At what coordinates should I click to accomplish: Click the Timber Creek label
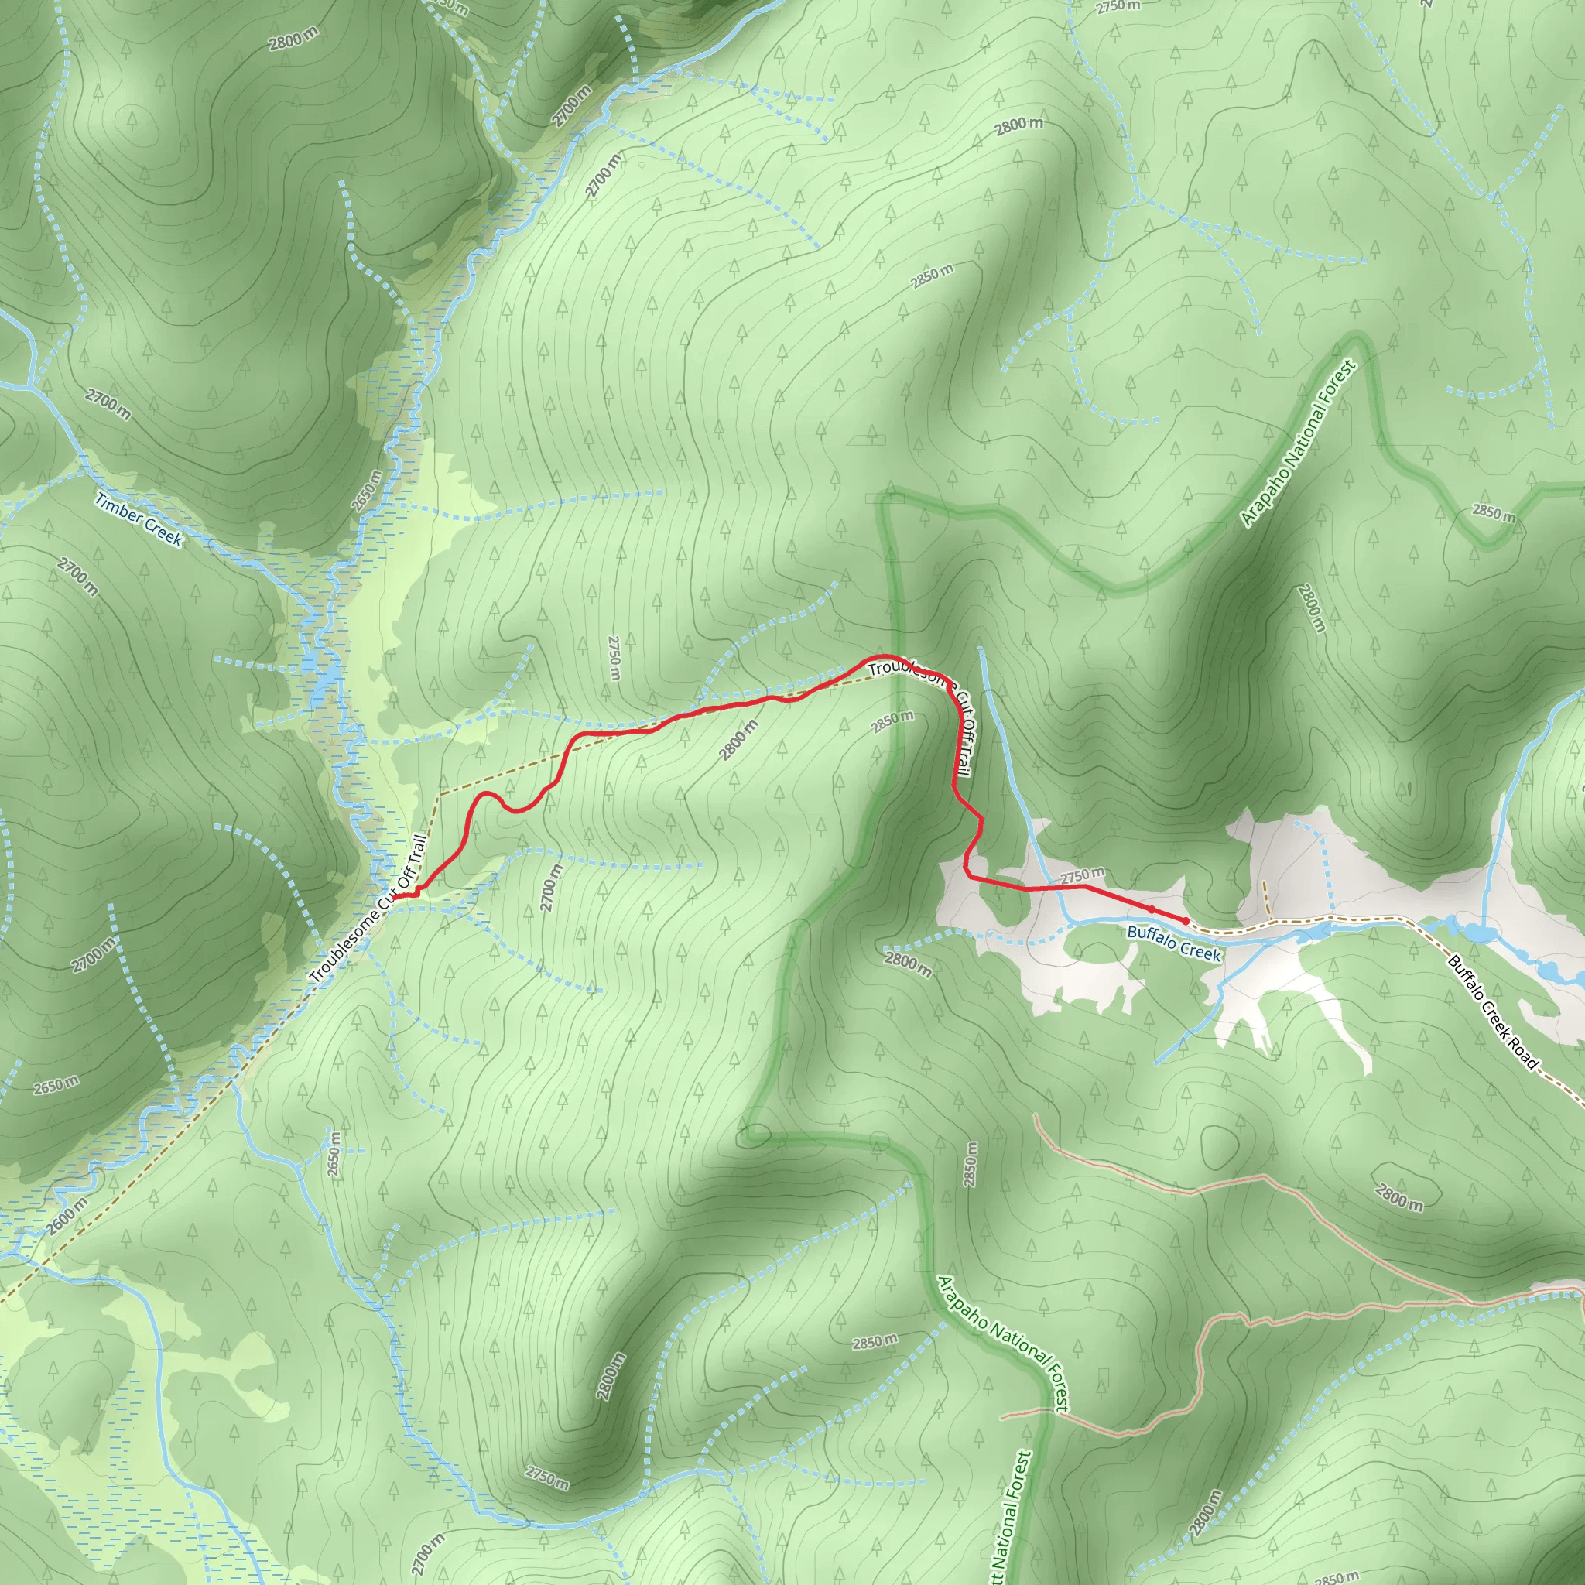[x=139, y=519]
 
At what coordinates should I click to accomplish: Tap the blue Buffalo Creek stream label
[x=1174, y=943]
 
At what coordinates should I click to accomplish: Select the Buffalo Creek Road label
[x=1493, y=1012]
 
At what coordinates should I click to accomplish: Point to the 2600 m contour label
[x=67, y=1217]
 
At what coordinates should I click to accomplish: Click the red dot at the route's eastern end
[x=1186, y=920]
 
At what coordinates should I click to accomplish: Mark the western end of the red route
[x=395, y=898]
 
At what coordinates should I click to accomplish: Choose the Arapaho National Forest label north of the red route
[x=1299, y=443]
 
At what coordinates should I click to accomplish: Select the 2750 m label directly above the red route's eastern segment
[x=1082, y=876]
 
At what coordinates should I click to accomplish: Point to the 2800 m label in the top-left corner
[x=293, y=38]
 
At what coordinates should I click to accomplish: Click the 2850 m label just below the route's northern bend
[x=892, y=721]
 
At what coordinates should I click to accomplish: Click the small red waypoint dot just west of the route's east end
[x=1152, y=909]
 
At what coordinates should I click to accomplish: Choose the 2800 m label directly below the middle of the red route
[x=738, y=740]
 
